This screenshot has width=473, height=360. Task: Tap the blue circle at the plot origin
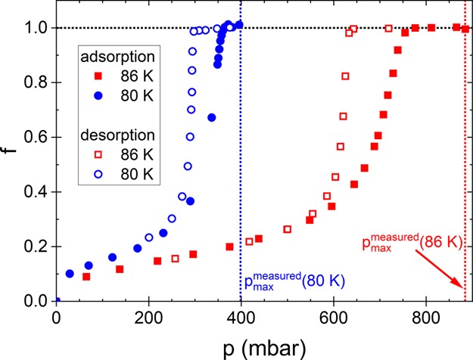pyautogui.click(x=56, y=302)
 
